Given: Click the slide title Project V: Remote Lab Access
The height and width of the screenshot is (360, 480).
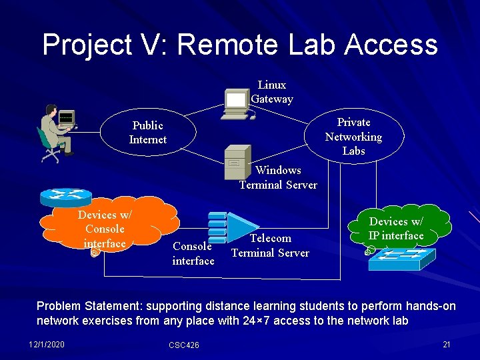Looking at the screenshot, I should (240, 45).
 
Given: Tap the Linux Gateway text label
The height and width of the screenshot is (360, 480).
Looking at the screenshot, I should (272, 92).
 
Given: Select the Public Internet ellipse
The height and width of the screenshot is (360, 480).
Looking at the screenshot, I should (147, 133).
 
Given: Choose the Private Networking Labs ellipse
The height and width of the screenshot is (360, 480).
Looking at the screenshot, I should (353, 137).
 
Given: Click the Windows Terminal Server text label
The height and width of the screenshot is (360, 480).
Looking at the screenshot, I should (278, 177).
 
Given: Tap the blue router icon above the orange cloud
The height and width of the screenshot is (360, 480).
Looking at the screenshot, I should (65, 196).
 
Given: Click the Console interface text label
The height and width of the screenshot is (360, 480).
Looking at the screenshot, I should (193, 253).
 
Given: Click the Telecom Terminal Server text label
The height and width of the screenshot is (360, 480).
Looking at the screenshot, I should (270, 245).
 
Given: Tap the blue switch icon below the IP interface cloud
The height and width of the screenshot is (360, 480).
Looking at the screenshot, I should (400, 259).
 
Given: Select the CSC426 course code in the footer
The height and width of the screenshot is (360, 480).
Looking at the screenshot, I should (183, 345).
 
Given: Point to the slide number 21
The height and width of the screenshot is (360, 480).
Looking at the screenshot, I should (446, 343).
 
